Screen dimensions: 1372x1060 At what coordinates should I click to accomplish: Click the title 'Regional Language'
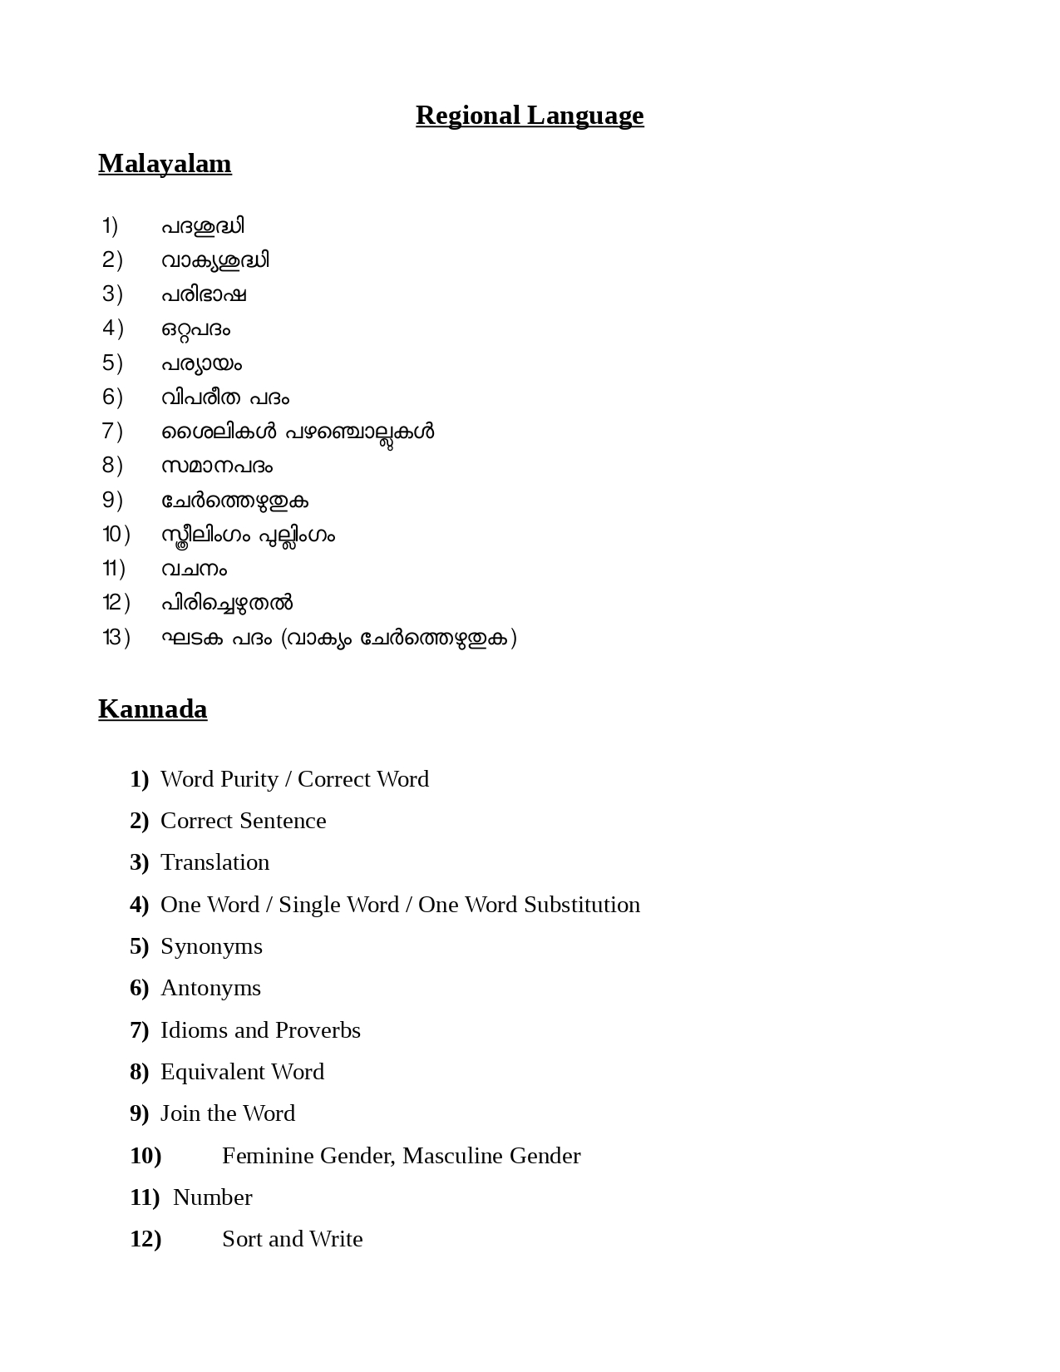[x=530, y=115]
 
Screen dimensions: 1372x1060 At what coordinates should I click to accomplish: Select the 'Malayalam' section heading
[x=165, y=164]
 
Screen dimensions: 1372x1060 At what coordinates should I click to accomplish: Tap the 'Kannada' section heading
[x=152, y=709]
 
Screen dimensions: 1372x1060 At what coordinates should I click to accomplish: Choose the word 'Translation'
[x=214, y=862]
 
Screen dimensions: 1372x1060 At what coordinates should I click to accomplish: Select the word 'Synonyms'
[x=211, y=946]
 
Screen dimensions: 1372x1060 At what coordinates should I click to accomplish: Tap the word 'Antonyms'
[x=210, y=988]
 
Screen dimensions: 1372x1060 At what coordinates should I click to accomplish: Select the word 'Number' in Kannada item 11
[x=212, y=1197]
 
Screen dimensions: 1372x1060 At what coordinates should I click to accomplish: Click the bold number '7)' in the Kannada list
[x=139, y=1030]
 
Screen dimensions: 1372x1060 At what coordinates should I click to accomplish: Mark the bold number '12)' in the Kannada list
[x=145, y=1239]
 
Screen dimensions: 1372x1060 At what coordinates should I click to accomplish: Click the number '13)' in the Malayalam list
[x=116, y=638]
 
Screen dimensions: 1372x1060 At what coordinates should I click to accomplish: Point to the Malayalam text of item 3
[x=204, y=294]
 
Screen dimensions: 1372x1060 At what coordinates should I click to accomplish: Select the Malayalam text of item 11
[x=194, y=569]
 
